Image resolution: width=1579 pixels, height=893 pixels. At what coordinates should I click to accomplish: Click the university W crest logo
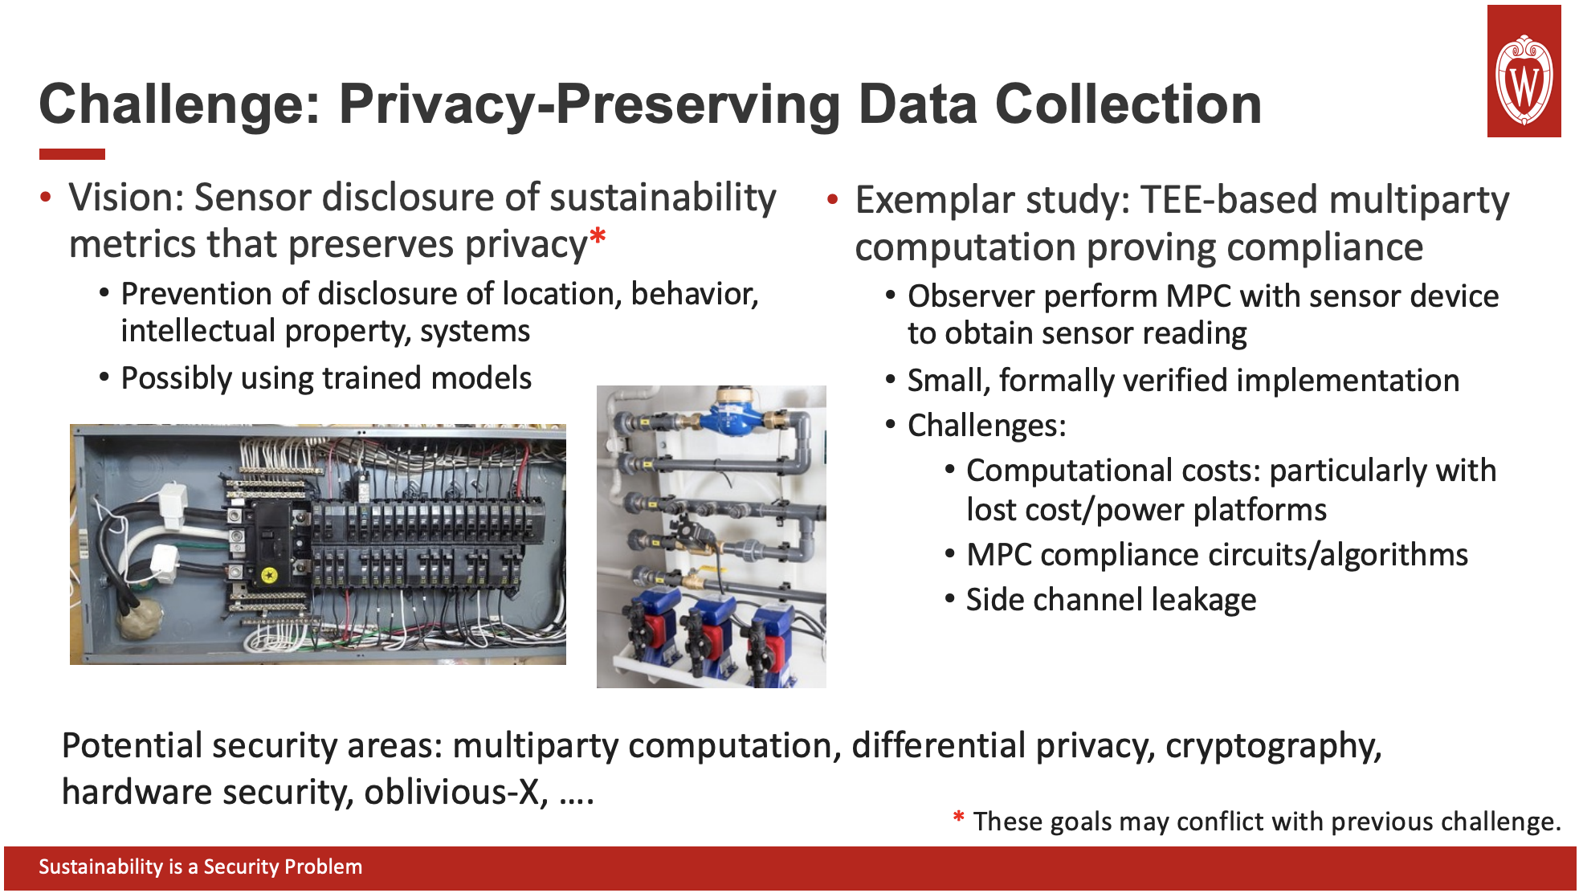[x=1524, y=80]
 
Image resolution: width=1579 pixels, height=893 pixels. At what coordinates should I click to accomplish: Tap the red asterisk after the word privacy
[x=598, y=239]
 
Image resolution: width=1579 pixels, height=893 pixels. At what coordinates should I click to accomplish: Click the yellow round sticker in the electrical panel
[x=269, y=575]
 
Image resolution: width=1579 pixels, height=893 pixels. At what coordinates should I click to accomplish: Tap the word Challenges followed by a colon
[x=986, y=426]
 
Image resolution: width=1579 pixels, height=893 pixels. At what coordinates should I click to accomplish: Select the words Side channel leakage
[x=1111, y=600]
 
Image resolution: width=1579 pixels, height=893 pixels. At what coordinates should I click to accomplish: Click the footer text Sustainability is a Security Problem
[x=201, y=866]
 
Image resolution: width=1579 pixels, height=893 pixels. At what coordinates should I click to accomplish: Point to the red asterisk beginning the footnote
[x=958, y=818]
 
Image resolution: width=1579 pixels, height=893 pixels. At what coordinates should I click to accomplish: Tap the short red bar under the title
[x=72, y=154]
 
